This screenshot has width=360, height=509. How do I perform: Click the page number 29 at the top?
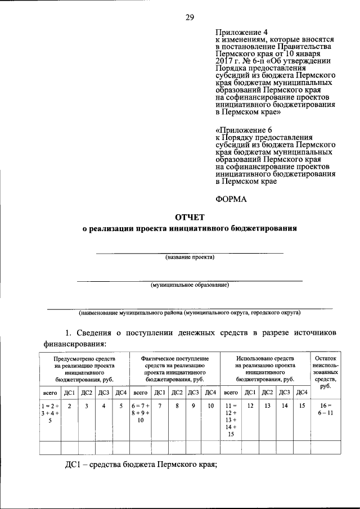(190, 17)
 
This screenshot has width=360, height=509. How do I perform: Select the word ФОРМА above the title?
(232, 198)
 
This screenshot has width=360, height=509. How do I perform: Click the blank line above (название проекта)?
(190, 252)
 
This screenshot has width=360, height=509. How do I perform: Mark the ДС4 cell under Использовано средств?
(301, 392)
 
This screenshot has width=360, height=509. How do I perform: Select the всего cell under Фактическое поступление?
(140, 392)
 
